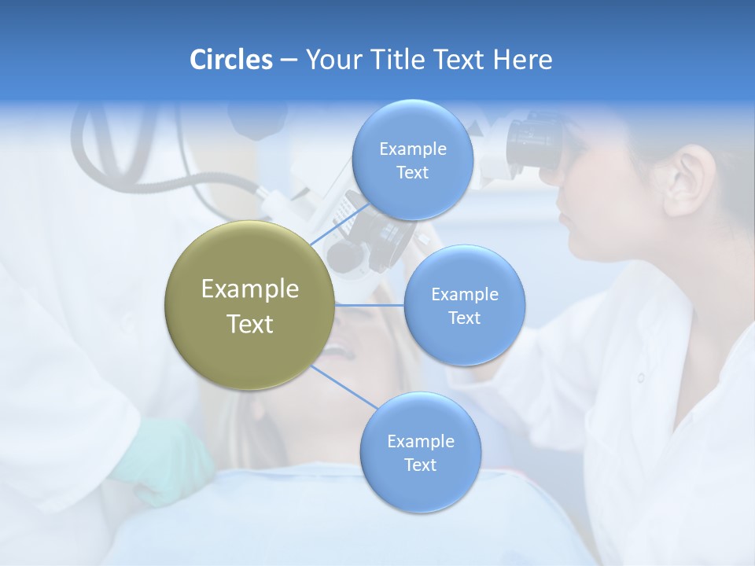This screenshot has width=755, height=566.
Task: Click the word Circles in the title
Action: click(x=230, y=60)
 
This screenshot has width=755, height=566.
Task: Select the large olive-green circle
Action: click(x=249, y=306)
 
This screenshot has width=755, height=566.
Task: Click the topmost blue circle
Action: click(x=411, y=160)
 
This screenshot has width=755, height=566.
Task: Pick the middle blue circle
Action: click(x=464, y=306)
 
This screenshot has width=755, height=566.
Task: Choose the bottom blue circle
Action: click(x=420, y=453)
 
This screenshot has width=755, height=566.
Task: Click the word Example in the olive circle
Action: click(x=249, y=289)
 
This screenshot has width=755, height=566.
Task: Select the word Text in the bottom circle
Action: click(x=420, y=465)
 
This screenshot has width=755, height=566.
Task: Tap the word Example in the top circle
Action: click(x=412, y=149)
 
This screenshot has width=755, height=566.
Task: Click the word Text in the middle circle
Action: click(x=464, y=318)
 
